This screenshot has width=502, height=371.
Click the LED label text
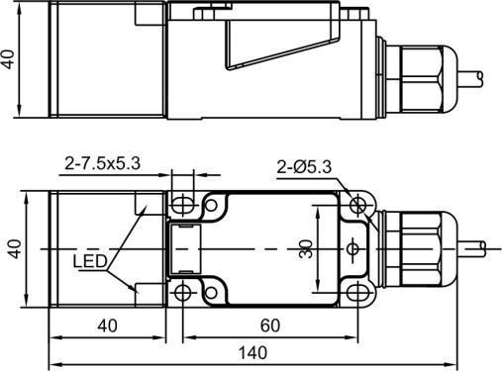tap(90, 262)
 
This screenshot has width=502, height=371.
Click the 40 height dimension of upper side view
tap(10, 60)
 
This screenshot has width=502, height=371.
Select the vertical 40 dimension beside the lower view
tap(12, 246)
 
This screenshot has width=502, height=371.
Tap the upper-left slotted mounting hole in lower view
tap(183, 204)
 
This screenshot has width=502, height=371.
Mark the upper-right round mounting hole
tap(358, 205)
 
